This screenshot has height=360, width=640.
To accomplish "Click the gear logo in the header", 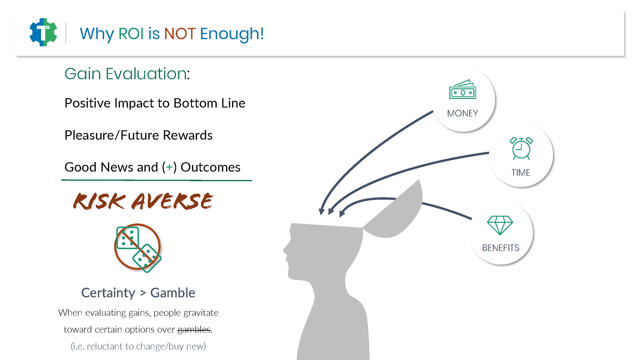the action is click(x=43, y=32).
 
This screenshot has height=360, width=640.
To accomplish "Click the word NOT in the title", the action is click(x=180, y=34).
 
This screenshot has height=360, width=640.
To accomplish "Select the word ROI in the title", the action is click(x=131, y=34).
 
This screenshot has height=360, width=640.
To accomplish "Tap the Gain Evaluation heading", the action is click(x=127, y=74).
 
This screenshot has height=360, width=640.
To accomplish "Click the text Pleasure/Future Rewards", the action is click(x=138, y=135).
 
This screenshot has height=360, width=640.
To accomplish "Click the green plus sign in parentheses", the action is click(x=169, y=167).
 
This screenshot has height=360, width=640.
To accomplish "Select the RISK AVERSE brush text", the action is click(x=143, y=201).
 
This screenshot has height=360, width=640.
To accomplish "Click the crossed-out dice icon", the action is click(x=138, y=248).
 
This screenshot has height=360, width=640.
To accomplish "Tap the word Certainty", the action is click(x=108, y=293).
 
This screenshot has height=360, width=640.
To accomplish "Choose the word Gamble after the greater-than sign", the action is click(x=173, y=293).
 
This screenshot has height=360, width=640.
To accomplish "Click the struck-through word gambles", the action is click(x=194, y=330).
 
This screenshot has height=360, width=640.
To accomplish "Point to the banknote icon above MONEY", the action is click(x=463, y=89).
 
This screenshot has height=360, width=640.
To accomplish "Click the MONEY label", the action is click(x=462, y=113).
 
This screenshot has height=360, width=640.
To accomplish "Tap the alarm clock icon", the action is click(x=521, y=148).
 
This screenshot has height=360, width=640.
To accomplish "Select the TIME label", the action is click(x=521, y=173).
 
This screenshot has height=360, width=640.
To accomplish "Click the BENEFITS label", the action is click(x=501, y=248).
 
